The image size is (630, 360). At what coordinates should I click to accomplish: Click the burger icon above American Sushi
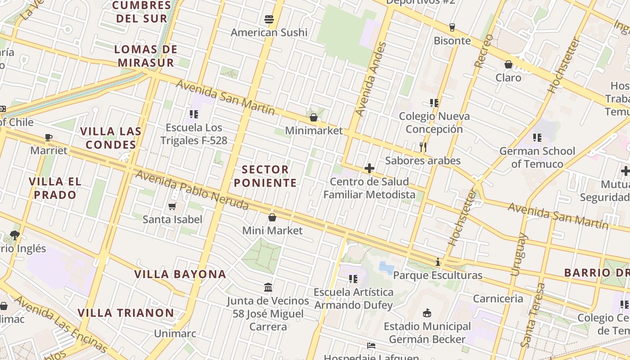(x=269, y=19)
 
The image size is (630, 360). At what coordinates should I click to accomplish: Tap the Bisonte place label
(x=452, y=40)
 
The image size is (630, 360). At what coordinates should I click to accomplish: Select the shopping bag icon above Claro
(x=508, y=64)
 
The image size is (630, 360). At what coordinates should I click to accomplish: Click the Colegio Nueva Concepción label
(x=434, y=123)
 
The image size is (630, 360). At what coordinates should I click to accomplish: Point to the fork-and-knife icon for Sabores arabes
(x=423, y=147)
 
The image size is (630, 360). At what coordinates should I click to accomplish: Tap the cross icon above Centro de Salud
(x=369, y=169)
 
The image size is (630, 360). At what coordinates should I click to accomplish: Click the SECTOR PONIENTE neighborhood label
(x=265, y=176)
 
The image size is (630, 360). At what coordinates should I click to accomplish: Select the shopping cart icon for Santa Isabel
(x=172, y=207)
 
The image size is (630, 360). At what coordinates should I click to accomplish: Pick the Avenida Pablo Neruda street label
(x=192, y=190)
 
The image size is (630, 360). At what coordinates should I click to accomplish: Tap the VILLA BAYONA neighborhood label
(x=180, y=274)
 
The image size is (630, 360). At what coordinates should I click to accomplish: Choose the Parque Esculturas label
(x=438, y=275)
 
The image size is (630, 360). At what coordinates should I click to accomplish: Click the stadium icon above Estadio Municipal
(x=427, y=313)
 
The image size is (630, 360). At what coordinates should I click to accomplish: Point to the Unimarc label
(x=175, y=333)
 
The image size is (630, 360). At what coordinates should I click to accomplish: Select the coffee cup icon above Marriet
(x=49, y=137)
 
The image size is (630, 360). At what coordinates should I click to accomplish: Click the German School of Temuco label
(x=537, y=157)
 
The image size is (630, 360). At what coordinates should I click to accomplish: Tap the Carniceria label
(x=498, y=298)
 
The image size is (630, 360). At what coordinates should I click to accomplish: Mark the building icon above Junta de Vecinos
(x=268, y=287)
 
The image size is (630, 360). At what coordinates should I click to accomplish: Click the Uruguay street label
(x=518, y=254)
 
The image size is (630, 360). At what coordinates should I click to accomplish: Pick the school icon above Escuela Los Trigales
(x=194, y=114)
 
